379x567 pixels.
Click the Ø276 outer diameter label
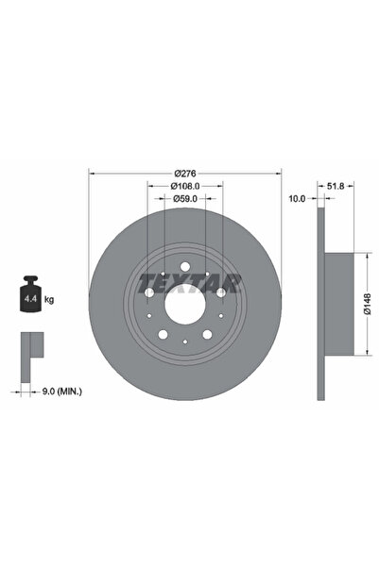[185, 174]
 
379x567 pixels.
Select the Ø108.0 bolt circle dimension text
[185, 187]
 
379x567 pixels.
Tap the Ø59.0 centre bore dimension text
[185, 200]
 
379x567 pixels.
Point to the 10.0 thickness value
[299, 199]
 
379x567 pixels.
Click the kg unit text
[49, 299]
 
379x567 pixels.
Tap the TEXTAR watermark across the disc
[185, 280]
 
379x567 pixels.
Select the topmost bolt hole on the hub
[185, 267]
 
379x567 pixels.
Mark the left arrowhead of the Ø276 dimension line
[91, 174]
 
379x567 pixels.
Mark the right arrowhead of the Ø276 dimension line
[280, 174]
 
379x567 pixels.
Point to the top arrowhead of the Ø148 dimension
[365, 253]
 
